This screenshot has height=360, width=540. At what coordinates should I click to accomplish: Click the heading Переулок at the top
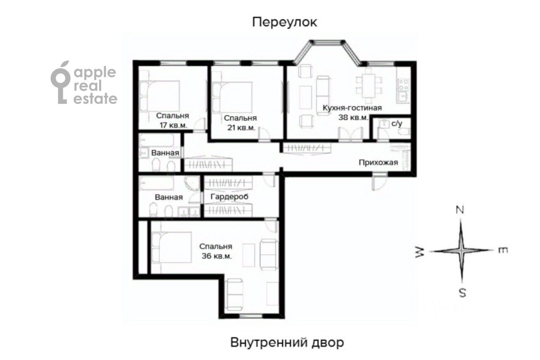click(x=284, y=22)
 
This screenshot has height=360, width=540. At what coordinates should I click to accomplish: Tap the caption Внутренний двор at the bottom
click(x=287, y=342)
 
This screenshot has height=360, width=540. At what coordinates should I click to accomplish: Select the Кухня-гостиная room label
click(x=352, y=108)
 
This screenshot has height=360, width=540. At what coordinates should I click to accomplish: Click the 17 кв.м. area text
click(x=173, y=126)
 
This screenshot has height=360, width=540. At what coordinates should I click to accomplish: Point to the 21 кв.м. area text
click(x=241, y=128)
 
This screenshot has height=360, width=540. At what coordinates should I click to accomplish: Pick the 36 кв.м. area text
click(x=217, y=256)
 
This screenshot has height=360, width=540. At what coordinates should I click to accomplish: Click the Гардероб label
click(x=229, y=197)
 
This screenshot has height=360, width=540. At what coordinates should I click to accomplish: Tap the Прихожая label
click(x=378, y=162)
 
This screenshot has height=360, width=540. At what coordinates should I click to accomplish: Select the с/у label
click(x=397, y=124)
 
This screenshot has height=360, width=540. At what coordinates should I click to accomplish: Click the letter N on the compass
click(x=460, y=211)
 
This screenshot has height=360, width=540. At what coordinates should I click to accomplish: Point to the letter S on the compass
click(x=462, y=293)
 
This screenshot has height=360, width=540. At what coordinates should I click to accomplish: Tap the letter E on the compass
click(x=503, y=250)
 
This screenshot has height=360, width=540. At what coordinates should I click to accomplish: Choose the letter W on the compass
click(x=420, y=252)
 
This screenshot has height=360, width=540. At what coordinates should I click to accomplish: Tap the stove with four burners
click(x=403, y=84)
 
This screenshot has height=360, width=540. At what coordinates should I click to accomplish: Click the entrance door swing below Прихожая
click(x=379, y=181)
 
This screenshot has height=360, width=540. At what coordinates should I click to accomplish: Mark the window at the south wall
click(x=251, y=316)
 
